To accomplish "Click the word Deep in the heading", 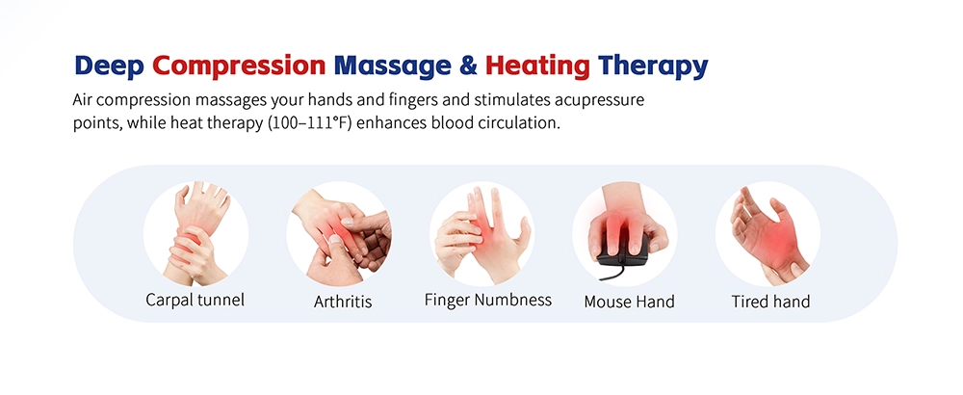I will point(109,66).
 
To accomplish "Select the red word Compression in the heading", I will point(239,66).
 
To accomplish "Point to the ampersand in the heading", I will point(466,66).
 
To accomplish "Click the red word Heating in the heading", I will point(536,66).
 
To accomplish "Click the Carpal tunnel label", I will point(195,300).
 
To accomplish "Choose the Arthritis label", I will point(343,302).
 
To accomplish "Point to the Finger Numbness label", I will point(488,300).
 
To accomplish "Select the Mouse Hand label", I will point(629,302).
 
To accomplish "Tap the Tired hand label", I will point(770,302).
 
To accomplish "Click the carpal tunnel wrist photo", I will point(195,231).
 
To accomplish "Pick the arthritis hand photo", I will point(340,231).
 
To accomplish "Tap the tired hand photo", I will point(768,231).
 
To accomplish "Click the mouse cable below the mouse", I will point(631,276).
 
